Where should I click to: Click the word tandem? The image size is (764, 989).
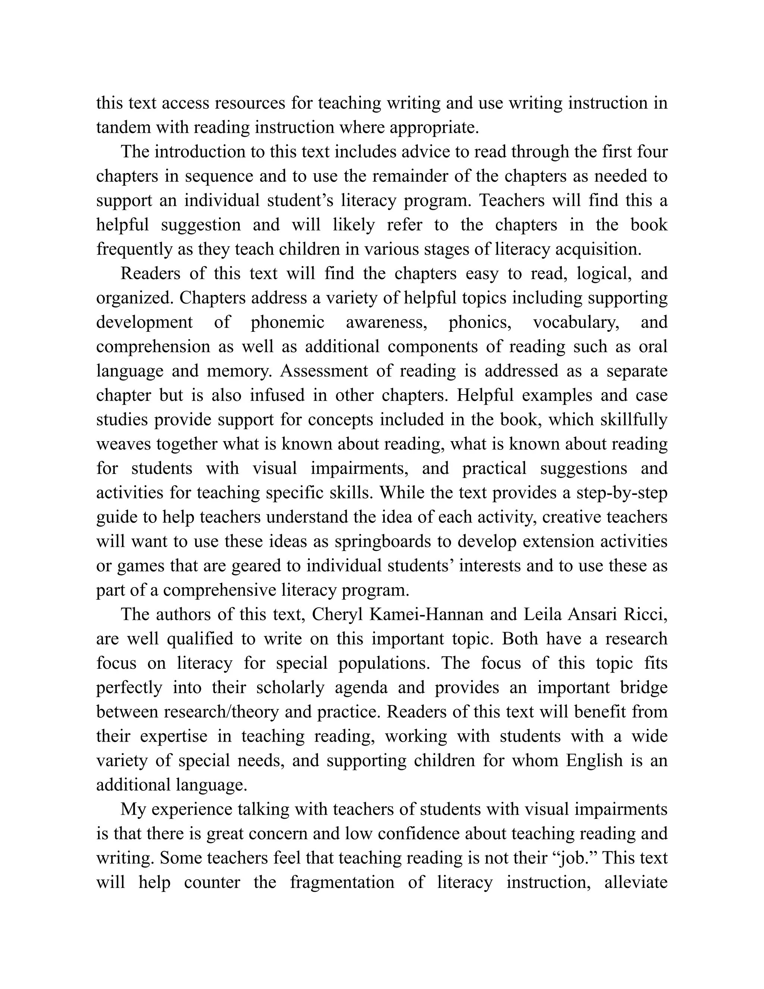pyautogui.click(x=123, y=128)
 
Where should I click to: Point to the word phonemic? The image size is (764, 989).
pyautogui.click(x=287, y=322)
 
